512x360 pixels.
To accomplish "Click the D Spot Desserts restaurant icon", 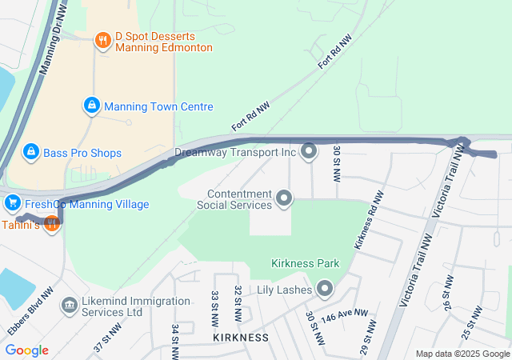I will click(102, 40).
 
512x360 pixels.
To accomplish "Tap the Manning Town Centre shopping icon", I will click(93, 106).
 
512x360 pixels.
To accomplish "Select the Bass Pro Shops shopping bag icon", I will click(31, 151).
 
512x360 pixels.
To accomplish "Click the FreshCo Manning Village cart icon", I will click(12, 203).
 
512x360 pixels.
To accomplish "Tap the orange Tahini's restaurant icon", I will click(52, 225).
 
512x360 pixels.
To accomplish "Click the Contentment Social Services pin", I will click(284, 198).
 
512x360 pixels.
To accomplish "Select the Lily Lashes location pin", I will click(325, 288).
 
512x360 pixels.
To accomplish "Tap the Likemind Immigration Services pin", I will click(69, 306).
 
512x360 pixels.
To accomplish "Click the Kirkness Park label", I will click(305, 263).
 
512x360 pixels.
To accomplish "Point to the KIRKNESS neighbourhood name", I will click(241, 338).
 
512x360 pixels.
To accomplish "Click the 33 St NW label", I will click(214, 308).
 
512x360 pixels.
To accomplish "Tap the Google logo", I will click(26, 350).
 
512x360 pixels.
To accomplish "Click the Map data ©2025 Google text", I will click(462, 354).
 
